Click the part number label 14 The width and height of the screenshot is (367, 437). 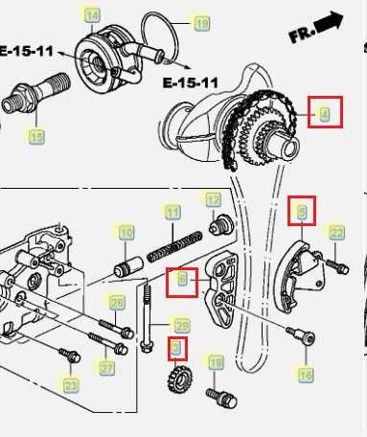[91, 15]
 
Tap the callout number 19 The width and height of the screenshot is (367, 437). [201, 23]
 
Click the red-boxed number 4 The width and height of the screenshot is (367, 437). [324, 114]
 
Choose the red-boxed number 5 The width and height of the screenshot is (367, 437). [302, 209]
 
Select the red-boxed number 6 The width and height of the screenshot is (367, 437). [181, 281]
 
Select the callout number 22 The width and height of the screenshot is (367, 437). [335, 232]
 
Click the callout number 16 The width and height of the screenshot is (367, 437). [305, 376]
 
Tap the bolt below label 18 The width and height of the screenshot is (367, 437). [215, 393]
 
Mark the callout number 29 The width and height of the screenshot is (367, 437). [181, 325]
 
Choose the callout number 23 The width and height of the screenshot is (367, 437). [71, 385]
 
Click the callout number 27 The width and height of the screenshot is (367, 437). [107, 367]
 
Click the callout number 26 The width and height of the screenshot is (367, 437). [116, 304]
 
